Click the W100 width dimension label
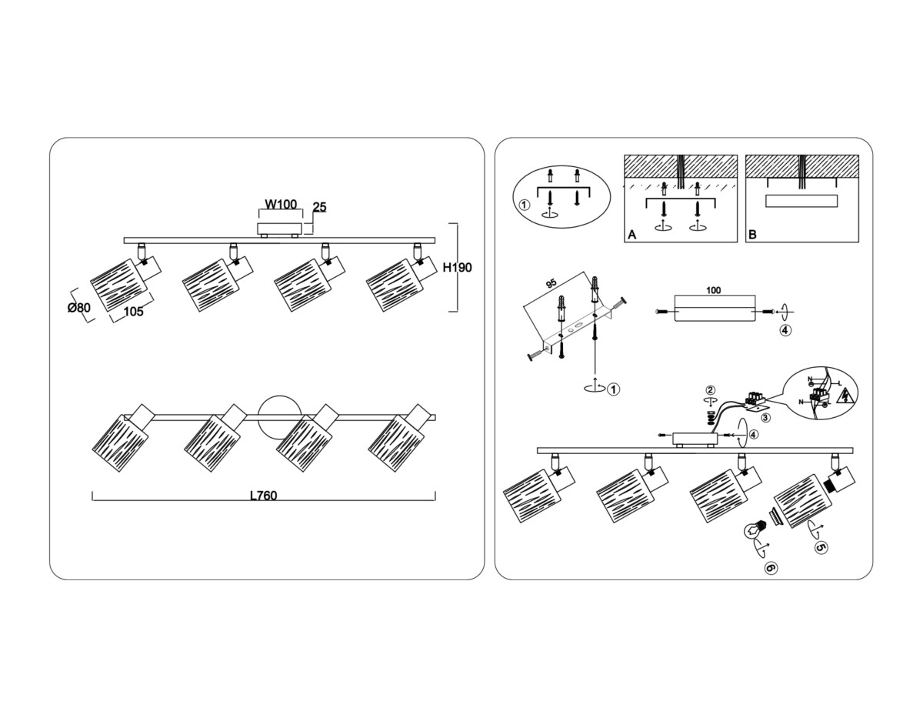point(281,205)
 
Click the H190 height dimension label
point(457,268)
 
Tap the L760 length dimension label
point(264,496)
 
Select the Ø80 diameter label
point(78,308)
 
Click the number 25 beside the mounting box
point(319,208)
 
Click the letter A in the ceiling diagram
point(631,235)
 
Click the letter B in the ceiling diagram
point(753,235)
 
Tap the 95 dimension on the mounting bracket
point(551,283)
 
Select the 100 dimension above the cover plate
point(713,290)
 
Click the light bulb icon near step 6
point(754,529)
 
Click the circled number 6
point(771,568)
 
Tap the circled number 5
point(821,547)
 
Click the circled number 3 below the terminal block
point(766,418)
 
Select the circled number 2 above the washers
point(711,390)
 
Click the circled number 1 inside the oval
point(524,205)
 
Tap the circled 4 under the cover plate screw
point(785,331)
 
